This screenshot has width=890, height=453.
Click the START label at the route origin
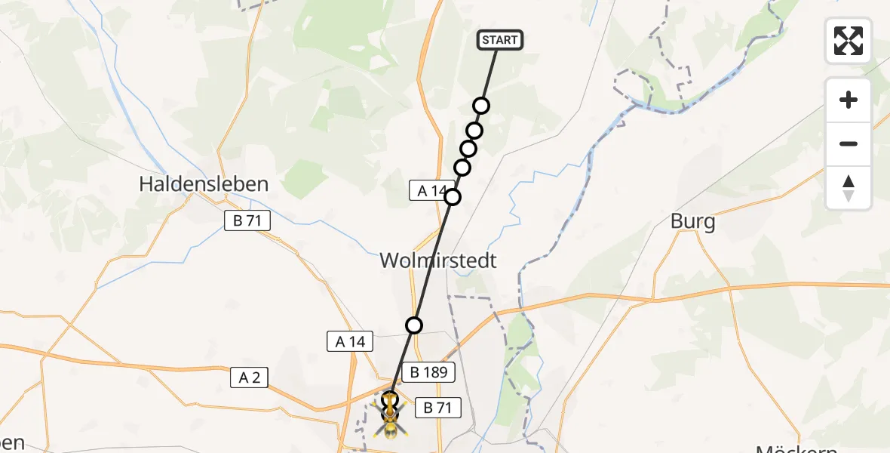(500, 40)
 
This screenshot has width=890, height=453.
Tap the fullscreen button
(849, 41)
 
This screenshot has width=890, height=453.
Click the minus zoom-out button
(849, 143)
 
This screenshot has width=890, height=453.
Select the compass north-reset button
(849, 187)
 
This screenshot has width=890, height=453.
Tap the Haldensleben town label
(204, 183)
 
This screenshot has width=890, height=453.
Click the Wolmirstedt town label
(438, 261)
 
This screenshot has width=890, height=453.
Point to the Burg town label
(692, 223)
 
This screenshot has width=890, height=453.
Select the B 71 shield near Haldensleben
(247, 221)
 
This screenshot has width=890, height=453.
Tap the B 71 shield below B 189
(437, 408)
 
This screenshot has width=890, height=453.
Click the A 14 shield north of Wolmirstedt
(432, 191)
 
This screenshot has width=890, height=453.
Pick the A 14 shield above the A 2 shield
(351, 342)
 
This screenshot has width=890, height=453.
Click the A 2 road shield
(250, 377)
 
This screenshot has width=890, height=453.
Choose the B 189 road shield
(429, 372)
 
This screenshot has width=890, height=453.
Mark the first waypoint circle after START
(481, 106)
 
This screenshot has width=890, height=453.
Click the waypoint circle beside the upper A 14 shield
(453, 197)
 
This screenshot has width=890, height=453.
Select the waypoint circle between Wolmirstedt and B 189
(414, 325)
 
